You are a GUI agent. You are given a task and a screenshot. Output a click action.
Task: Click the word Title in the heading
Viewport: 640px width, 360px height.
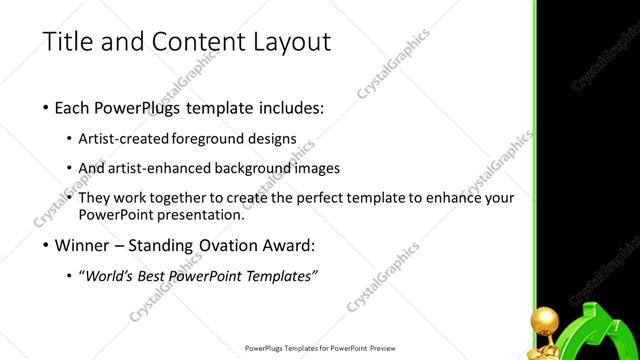click(67, 42)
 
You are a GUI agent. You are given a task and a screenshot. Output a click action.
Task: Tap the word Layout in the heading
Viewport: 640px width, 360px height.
click(287, 42)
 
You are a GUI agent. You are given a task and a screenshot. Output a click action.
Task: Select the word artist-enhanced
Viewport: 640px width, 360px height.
click(154, 168)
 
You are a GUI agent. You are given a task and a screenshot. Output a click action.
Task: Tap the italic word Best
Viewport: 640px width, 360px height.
click(155, 276)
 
